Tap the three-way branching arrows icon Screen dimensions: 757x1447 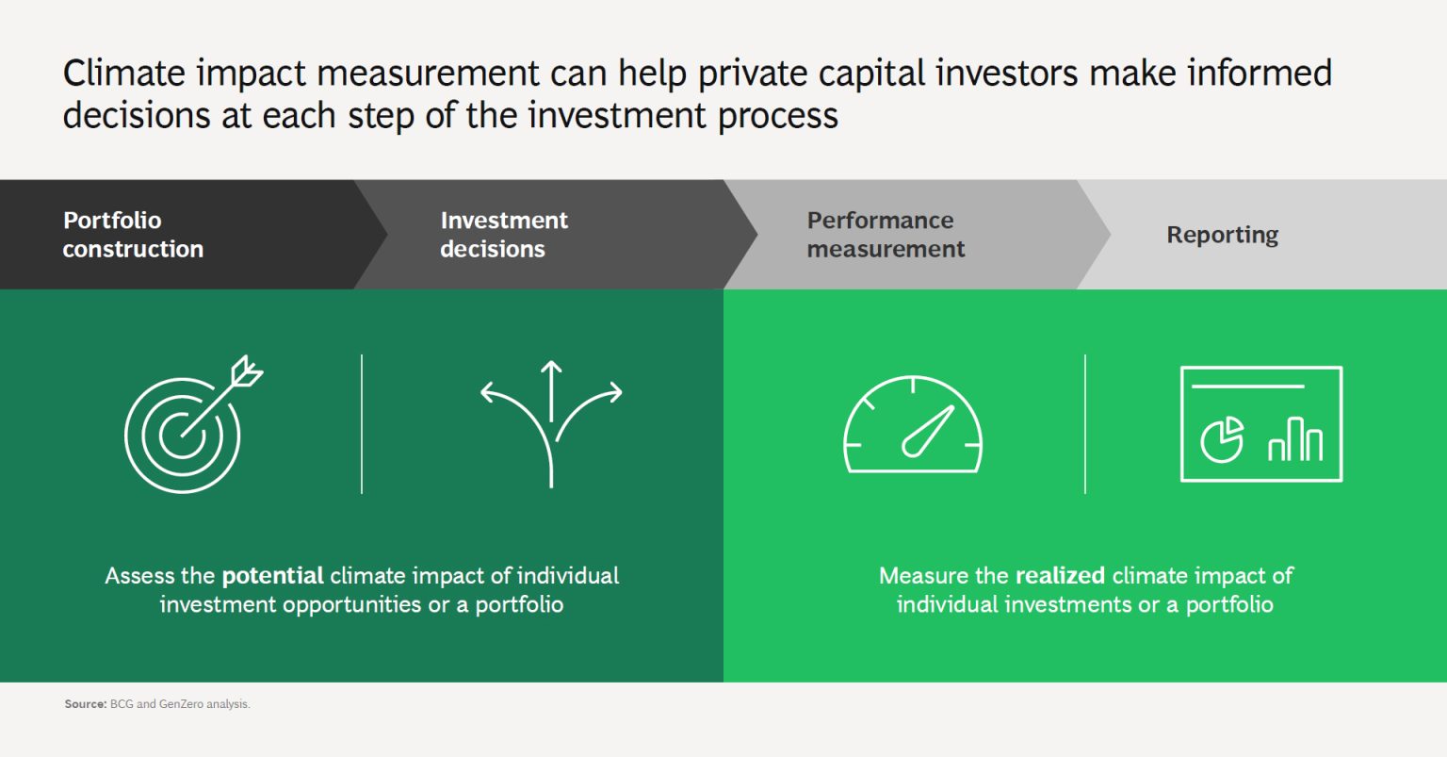point(551,424)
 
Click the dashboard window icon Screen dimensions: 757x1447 point(1260,424)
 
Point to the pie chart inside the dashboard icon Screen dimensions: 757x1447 point(1222,440)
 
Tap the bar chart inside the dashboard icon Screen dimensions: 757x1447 point(1295,439)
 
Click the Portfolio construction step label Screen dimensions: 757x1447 point(132,235)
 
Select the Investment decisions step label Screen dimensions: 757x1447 point(503,235)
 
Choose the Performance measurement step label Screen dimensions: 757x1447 point(885,235)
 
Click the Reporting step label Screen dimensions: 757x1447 point(1222,235)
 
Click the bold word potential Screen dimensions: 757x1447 point(272,576)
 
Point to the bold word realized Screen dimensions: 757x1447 point(1060,576)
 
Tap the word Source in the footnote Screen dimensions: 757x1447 point(84,704)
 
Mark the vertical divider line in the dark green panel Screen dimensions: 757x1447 point(362,424)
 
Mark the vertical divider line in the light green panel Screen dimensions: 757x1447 point(1085,424)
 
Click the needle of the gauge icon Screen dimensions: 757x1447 point(928,432)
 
